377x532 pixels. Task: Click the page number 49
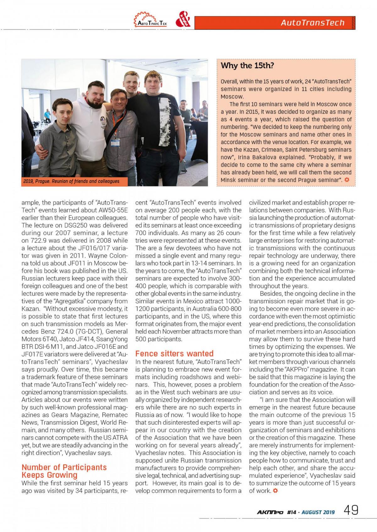point(351,510)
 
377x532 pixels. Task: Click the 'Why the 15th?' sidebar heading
point(247,66)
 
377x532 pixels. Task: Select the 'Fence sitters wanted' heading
point(174,354)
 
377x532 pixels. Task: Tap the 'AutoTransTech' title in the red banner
point(313,23)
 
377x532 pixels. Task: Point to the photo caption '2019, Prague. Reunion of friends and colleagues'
point(71,181)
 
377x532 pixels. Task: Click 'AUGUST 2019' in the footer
point(318,512)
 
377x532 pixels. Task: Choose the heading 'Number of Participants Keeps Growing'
point(64,471)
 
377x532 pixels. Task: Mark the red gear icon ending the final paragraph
point(275,491)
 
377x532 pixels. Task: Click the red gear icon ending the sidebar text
point(347,180)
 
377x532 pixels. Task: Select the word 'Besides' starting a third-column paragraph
point(271,294)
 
